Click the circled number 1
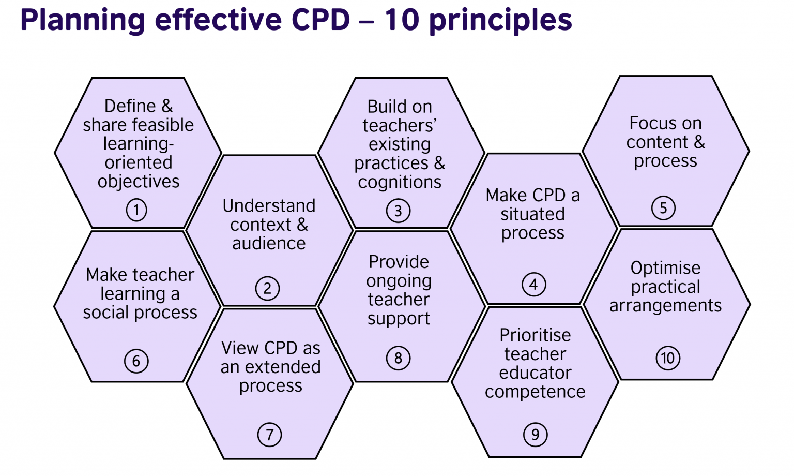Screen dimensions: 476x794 tap(136, 211)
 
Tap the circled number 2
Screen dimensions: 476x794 tap(267, 288)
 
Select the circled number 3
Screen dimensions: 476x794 tap(398, 211)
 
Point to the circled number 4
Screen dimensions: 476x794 tap(533, 284)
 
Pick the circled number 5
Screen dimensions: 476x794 tap(663, 208)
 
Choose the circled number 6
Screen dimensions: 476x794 tap(136, 361)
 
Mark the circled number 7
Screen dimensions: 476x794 tap(269, 435)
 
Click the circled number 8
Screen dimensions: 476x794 tap(398, 358)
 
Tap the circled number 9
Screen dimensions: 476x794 tap(535, 435)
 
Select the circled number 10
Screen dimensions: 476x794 tap(668, 358)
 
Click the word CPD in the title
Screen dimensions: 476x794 tap(320, 21)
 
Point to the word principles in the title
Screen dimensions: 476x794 tap(500, 21)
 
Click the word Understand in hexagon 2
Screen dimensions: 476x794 tap(269, 205)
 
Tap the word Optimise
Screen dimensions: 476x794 tap(665, 268)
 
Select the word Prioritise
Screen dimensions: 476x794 tap(535, 335)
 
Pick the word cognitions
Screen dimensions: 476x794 tap(400, 182)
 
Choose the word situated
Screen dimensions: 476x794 tap(532, 214)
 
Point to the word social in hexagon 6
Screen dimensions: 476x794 tap(106, 313)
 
